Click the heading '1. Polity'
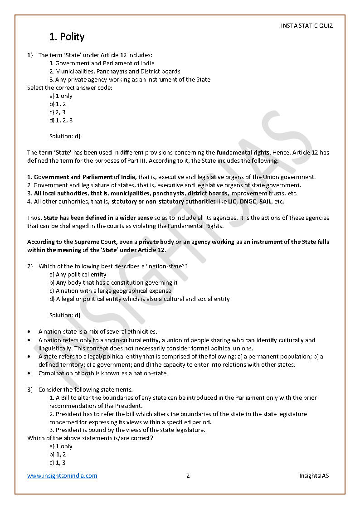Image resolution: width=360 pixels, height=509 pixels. coord(67,37)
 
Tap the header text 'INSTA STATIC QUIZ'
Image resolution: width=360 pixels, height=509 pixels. coord(306,26)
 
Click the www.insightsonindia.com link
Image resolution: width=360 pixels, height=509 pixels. coord(62,475)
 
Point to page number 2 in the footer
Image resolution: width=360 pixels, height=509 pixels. coord(188,475)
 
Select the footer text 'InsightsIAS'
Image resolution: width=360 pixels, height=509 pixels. coord(314,475)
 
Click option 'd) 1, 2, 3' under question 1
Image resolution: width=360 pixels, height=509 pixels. coord(61,120)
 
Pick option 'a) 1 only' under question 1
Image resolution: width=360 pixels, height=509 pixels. coord(61,96)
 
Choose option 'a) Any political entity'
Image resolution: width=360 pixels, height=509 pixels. coord(78,274)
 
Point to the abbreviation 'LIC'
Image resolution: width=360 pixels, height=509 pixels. coord(223,201)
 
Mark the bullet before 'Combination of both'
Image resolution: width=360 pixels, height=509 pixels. coord(29,373)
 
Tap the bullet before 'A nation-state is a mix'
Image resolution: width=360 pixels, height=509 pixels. coord(29,332)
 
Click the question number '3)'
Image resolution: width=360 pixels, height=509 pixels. coord(30,389)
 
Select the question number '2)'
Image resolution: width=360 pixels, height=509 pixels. coord(30,266)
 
